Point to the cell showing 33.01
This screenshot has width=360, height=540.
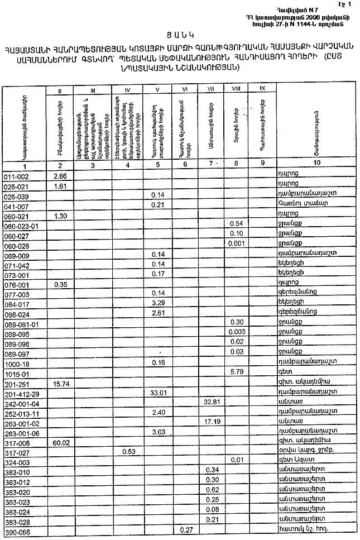click(x=160, y=393)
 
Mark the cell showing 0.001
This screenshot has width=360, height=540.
click(x=236, y=243)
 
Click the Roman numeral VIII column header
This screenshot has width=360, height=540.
click(x=235, y=89)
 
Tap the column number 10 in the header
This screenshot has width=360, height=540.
click(x=316, y=163)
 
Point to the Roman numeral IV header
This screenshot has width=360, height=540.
click(x=128, y=89)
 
